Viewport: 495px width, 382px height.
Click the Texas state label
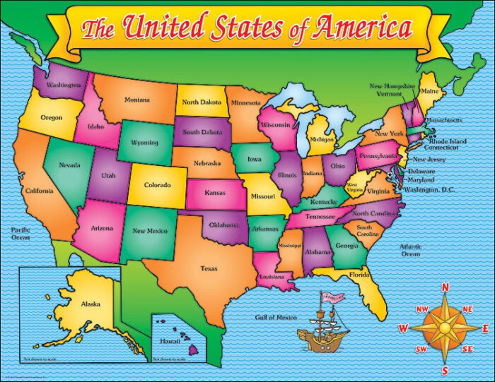[209, 268]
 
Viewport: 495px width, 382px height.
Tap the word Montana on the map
[137, 100]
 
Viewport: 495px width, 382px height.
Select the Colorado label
[157, 186]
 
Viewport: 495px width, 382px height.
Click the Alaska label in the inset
[90, 304]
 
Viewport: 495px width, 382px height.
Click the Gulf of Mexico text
[276, 318]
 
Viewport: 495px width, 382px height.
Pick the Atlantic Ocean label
[410, 250]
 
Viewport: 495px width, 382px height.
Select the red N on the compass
[445, 287]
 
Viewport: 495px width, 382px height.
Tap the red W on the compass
[403, 328]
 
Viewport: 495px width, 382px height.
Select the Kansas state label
[215, 192]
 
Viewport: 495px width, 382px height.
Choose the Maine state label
[429, 91]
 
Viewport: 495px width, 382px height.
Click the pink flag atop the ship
[330, 297]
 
